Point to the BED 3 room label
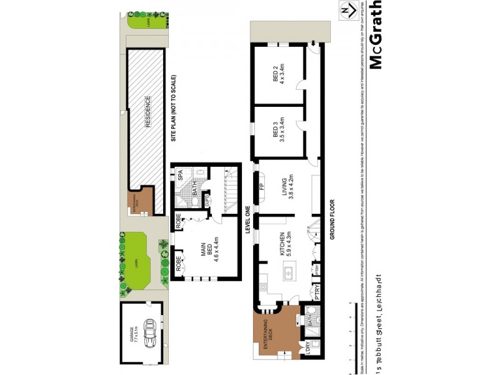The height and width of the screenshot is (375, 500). coord(278,131)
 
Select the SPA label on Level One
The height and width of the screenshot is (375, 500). coord(180,176)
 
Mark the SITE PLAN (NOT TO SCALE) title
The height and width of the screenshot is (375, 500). coord(174,109)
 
